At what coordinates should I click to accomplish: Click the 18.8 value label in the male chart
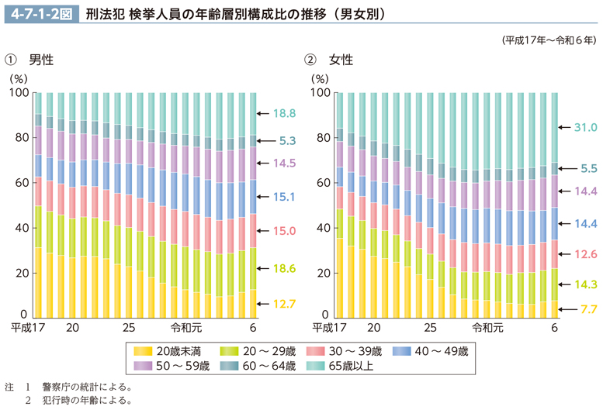pyautogui.click(x=285, y=113)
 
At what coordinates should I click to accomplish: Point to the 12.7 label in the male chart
pyautogui.click(x=285, y=303)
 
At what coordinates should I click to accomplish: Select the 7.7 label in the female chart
pyautogui.click(x=586, y=308)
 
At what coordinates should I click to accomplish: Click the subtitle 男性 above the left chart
pyautogui.click(x=40, y=60)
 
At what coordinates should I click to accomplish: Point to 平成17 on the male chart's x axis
pyautogui.click(x=27, y=327)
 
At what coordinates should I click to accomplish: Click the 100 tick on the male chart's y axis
pyautogui.click(x=19, y=93)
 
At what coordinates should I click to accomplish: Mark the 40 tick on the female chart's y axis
pyautogui.click(x=321, y=228)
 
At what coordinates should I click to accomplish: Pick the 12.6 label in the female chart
pyautogui.click(x=584, y=253)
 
